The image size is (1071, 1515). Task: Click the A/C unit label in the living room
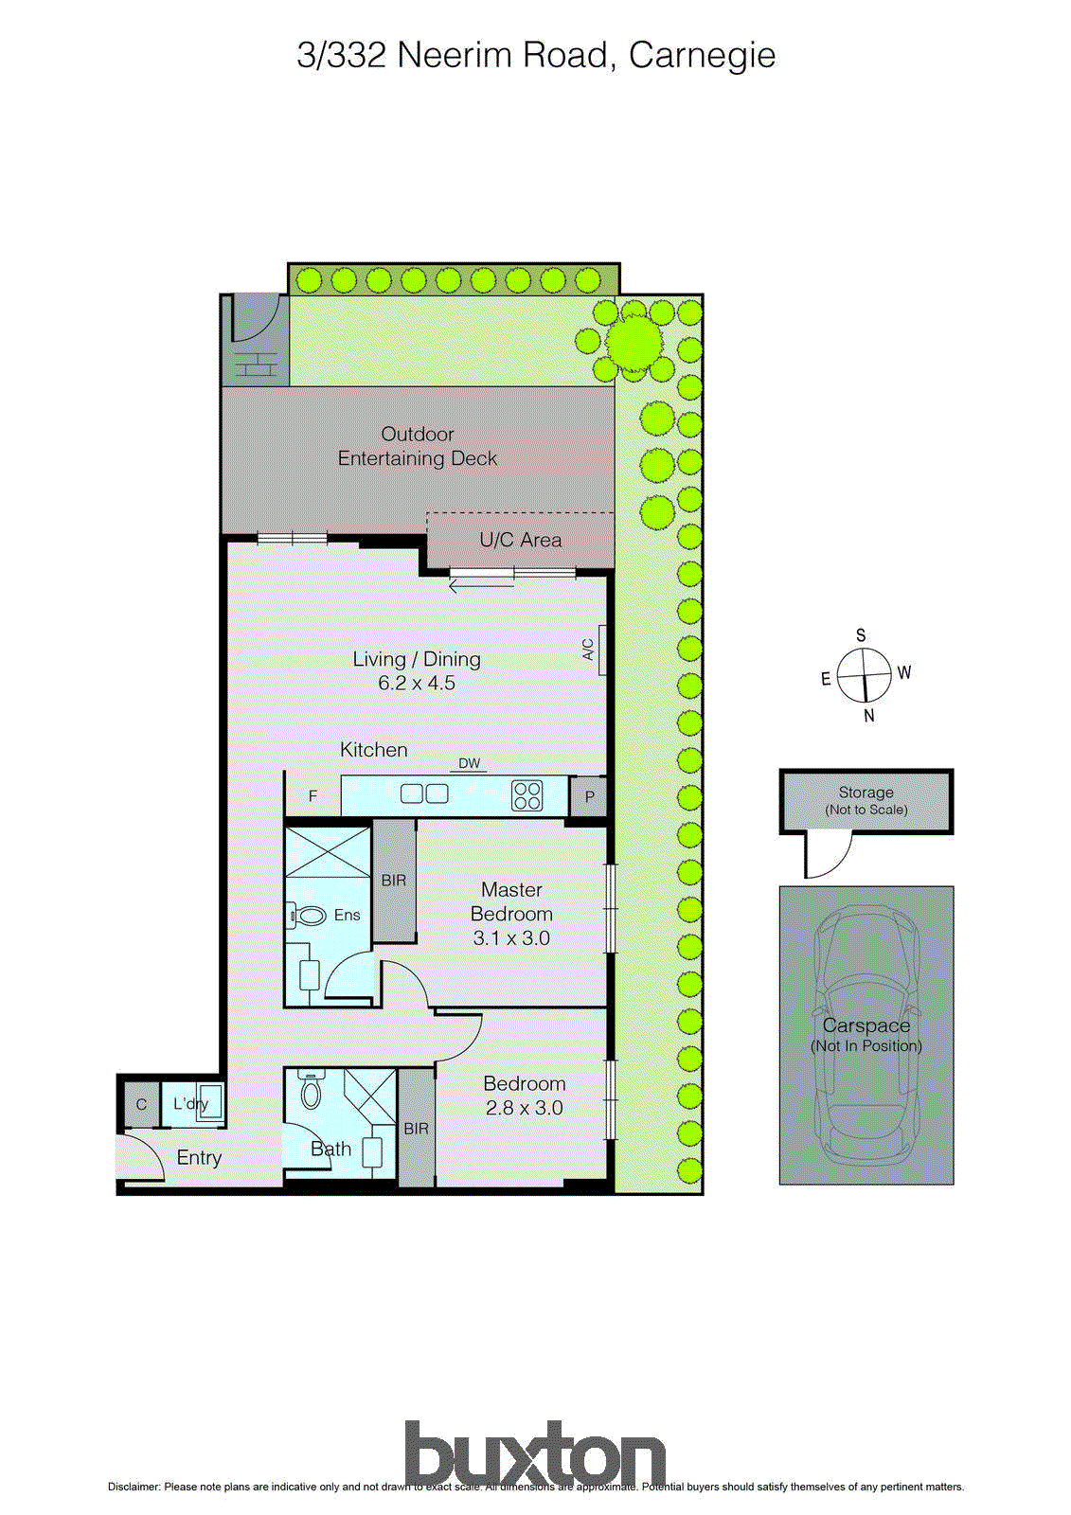point(588,650)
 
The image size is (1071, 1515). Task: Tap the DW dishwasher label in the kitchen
point(469,763)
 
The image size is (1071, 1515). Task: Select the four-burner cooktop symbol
point(527,794)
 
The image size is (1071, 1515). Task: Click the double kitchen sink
point(424,793)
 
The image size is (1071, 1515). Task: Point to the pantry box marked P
point(589,796)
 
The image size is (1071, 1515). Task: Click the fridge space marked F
point(313,796)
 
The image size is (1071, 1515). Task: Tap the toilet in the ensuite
point(308,915)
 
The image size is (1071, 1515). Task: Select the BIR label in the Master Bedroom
point(394,881)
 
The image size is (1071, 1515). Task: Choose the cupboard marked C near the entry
point(141,1105)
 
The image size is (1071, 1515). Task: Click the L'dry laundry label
point(189,1103)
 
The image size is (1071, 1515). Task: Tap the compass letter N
point(869,717)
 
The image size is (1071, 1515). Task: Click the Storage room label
point(866,793)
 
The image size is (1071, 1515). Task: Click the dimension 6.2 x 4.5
point(417,683)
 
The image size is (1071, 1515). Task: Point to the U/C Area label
point(520,540)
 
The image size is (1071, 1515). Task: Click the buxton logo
point(535,1454)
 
